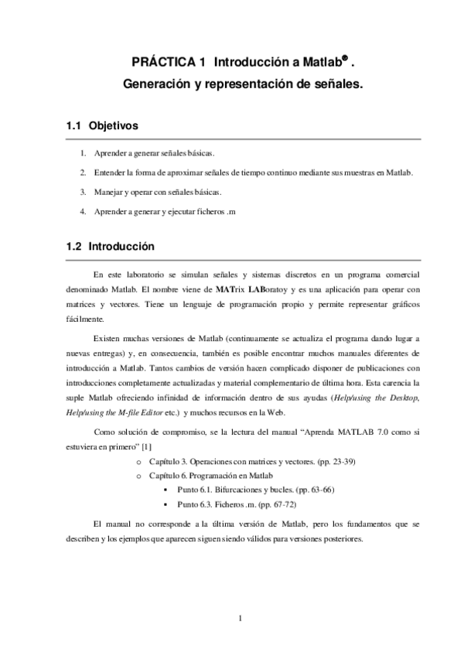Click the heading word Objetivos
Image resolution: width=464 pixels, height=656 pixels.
pyautogui.click(x=113, y=124)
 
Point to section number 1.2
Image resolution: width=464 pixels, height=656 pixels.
pyautogui.click(x=74, y=248)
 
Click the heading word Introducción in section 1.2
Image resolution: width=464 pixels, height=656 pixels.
pyautogui.click(x=121, y=248)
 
